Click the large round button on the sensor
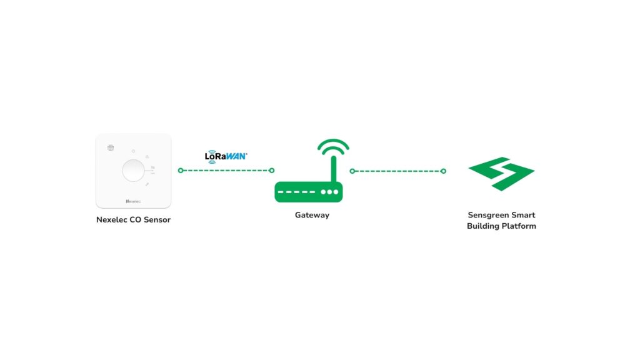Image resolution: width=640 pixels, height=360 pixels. click(x=132, y=170)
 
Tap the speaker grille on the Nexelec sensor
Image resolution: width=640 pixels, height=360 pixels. click(x=110, y=148)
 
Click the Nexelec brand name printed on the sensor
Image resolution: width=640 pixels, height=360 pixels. click(x=133, y=201)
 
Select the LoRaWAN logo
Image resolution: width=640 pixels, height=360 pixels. click(x=226, y=156)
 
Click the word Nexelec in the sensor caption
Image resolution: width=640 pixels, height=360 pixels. click(x=112, y=220)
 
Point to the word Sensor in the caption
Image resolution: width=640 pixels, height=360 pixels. click(x=157, y=220)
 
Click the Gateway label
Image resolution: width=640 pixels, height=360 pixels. click(x=312, y=215)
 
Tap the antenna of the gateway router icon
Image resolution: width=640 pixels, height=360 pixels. click(x=334, y=169)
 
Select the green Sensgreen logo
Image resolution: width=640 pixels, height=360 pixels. click(x=501, y=173)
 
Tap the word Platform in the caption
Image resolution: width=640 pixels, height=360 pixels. click(x=517, y=226)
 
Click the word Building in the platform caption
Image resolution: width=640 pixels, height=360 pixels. click(x=482, y=226)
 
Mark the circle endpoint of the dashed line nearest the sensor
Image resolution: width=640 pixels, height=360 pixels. click(x=181, y=170)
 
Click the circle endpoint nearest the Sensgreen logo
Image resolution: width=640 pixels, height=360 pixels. click(x=443, y=171)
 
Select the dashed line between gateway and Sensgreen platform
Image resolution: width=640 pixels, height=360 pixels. click(x=397, y=171)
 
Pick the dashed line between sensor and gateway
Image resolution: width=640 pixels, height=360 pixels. click(x=226, y=170)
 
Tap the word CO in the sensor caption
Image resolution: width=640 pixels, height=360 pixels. click(x=137, y=220)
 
